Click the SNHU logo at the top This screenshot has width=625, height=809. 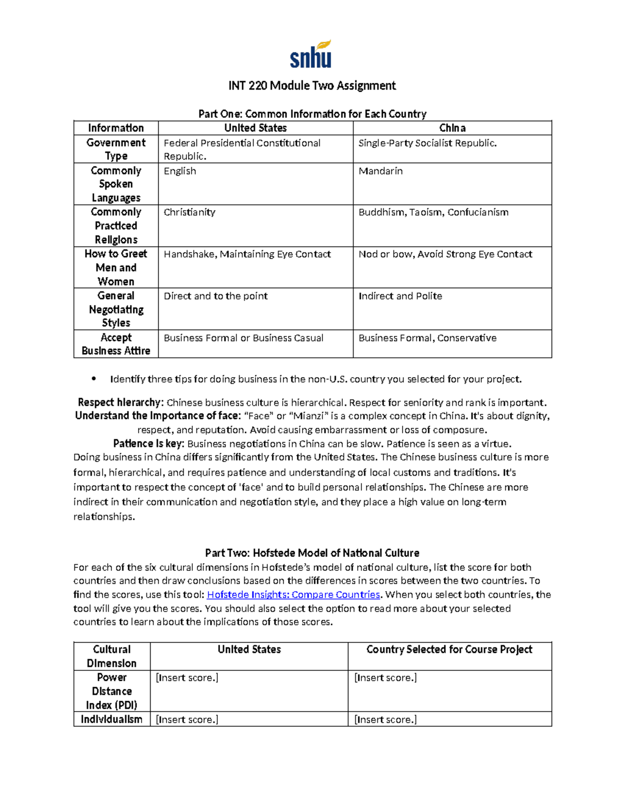coord(311,55)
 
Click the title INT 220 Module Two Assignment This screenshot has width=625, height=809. coord(312,85)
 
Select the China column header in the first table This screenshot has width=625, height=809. coord(452,128)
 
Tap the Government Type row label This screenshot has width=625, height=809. coord(116,149)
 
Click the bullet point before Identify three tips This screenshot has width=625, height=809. coord(94,379)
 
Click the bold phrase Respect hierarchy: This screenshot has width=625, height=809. coord(121,403)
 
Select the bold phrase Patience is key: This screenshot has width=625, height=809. coord(148,444)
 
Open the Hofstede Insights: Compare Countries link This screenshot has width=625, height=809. coord(294,595)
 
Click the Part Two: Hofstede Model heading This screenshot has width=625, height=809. coord(312,553)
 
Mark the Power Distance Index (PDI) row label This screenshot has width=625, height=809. coord(111,691)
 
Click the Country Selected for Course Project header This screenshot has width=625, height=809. coord(449,650)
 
